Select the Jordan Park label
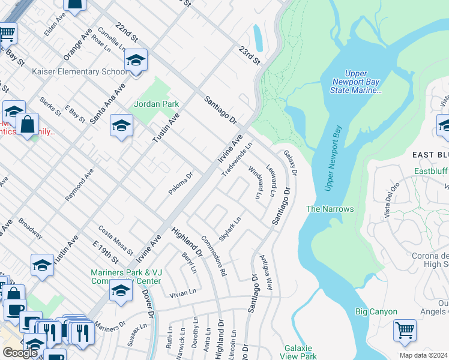pyautogui.click(x=156, y=104)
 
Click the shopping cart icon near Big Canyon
pyautogui.click(x=405, y=330)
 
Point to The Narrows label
pyautogui.click(x=330, y=209)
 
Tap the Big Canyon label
pyautogui.click(x=376, y=311)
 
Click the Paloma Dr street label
pyautogui.click(x=181, y=184)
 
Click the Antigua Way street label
pyautogui.click(x=266, y=272)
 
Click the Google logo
pyautogui.click(x=20, y=352)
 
